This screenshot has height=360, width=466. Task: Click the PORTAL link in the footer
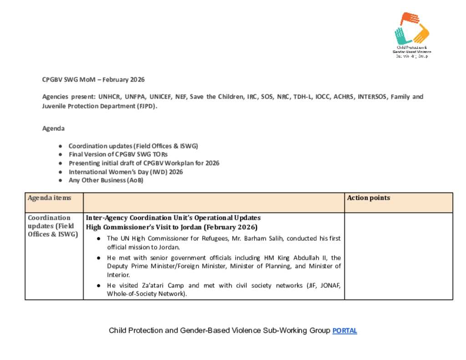[344, 331]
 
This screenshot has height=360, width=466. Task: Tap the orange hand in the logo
[409, 19]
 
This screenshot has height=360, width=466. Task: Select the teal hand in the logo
[400, 35]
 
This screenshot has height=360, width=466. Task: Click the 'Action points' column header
[368, 198]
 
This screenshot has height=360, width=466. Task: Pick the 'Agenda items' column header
[49, 198]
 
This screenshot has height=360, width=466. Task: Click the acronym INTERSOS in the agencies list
[372, 97]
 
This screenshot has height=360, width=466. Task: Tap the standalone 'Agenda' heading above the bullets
[53, 128]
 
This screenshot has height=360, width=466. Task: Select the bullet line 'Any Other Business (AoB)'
[106, 180]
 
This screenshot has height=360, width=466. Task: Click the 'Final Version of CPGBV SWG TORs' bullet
[118, 154]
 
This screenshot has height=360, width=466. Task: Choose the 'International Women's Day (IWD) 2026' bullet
[126, 172]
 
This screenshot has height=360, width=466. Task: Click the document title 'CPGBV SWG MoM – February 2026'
[93, 80]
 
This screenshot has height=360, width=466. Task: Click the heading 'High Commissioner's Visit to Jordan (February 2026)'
[172, 227]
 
